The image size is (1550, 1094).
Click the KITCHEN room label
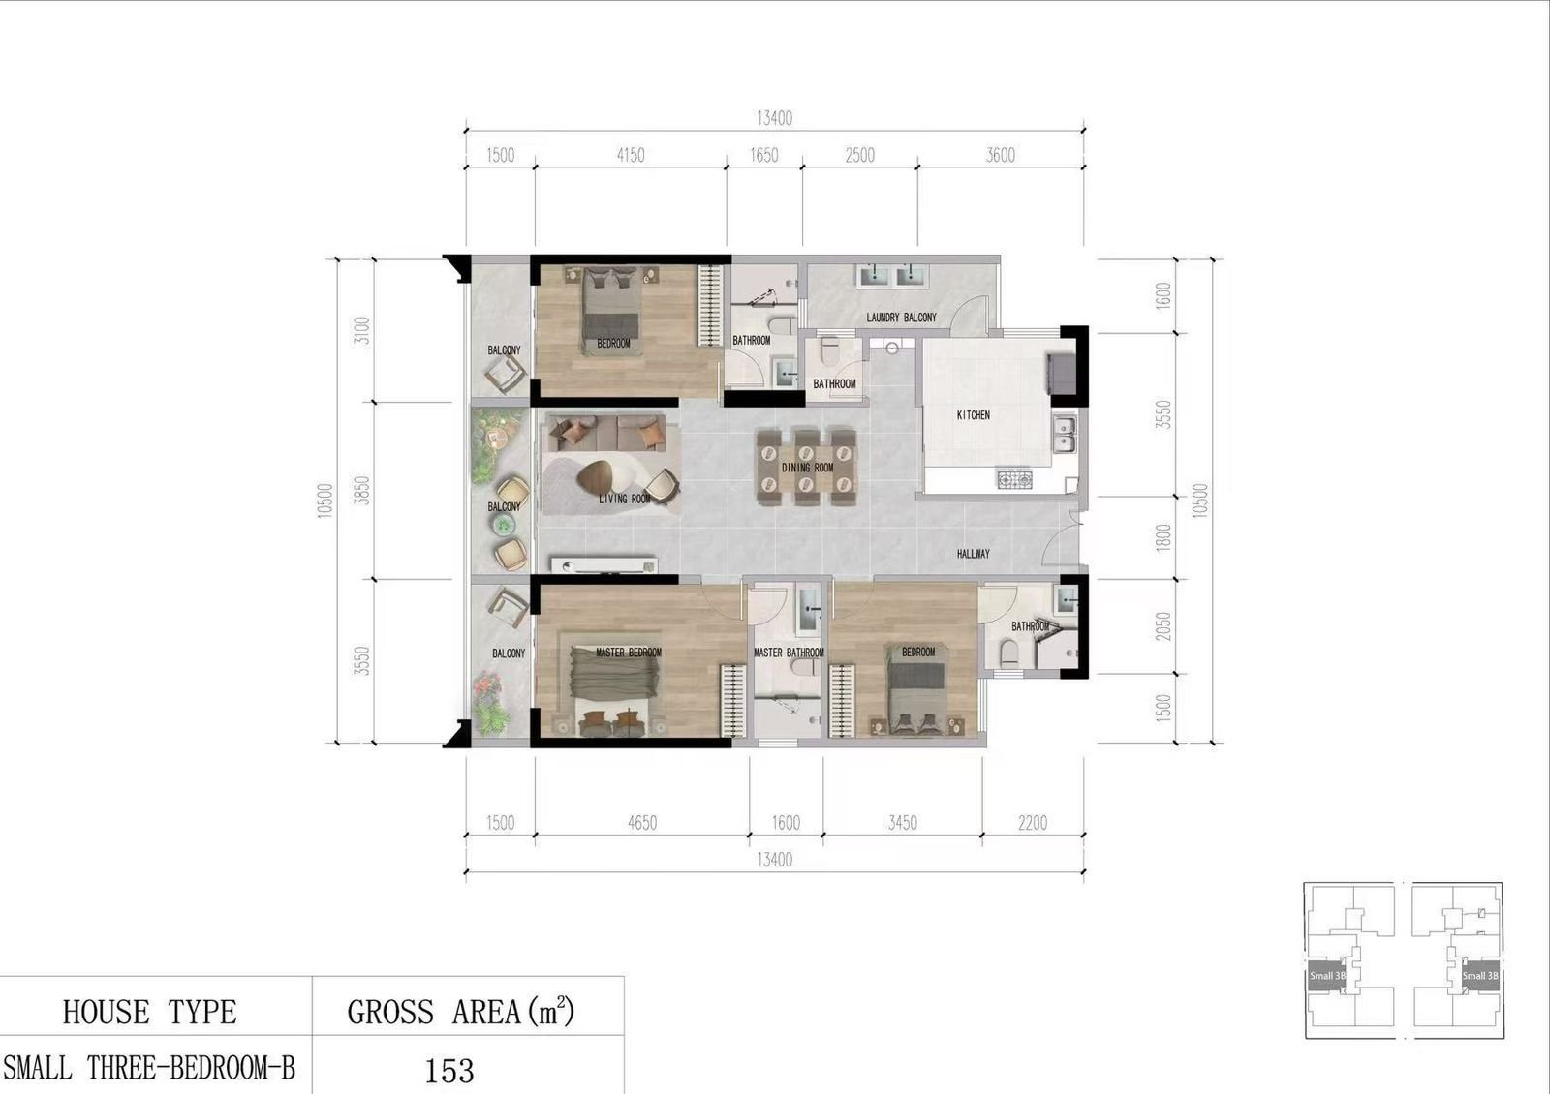tap(973, 415)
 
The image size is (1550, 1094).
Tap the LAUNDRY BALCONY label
tap(901, 318)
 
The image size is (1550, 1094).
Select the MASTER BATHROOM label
tap(789, 653)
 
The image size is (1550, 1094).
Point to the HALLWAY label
tap(973, 554)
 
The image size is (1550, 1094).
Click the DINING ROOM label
tap(808, 469)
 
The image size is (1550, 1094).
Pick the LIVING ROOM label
tap(624, 499)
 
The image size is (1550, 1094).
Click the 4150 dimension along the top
tap(631, 155)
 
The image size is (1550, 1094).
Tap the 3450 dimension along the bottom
tap(902, 823)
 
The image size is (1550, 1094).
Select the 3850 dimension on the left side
tap(362, 490)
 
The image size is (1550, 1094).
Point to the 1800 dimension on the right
tap(1163, 537)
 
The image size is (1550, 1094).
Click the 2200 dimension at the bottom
tap(1033, 823)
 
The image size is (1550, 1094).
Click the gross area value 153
tap(449, 1071)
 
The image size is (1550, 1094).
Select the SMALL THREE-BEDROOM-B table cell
tap(149, 1069)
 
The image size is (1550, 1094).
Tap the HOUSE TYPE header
tap(149, 1013)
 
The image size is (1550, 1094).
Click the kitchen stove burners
tap(1014, 478)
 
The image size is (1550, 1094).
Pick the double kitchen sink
tap(1065, 434)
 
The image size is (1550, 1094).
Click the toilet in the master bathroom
tap(805, 667)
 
